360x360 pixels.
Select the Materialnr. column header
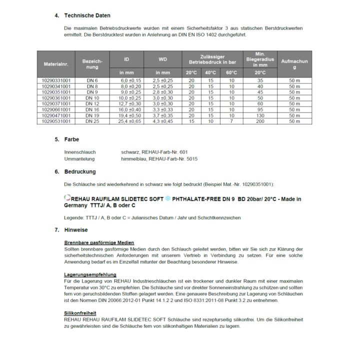point(55,63)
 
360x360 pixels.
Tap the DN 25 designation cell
point(92,121)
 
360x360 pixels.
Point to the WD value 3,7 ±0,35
point(163,115)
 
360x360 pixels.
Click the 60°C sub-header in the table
point(231,72)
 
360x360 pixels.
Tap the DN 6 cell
point(92,80)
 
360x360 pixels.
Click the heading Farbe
point(71,139)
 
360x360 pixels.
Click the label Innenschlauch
point(80,151)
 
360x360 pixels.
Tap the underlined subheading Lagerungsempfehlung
point(90,274)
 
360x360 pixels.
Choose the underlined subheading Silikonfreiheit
point(80,313)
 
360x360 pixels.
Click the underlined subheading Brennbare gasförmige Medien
point(99,242)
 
